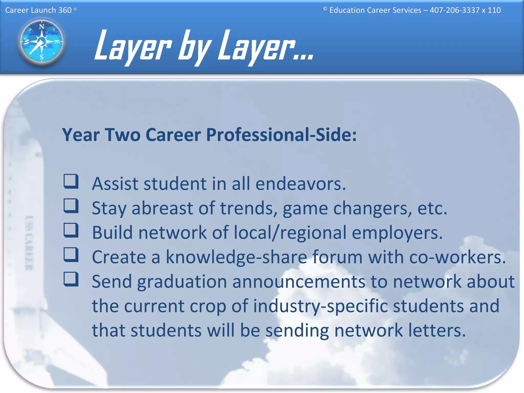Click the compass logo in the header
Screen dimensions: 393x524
click(41, 41)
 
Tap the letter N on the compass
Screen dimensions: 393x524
click(41, 27)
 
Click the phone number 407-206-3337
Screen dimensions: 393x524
click(454, 10)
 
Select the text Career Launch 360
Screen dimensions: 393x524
click(38, 10)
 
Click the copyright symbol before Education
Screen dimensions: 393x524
click(325, 9)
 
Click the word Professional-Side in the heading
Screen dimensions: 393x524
click(281, 135)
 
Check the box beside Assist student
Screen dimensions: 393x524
click(71, 181)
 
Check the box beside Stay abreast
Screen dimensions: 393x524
click(71, 206)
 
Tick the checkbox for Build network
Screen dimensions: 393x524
click(71, 230)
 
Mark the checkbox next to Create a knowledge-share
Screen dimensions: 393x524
click(71, 254)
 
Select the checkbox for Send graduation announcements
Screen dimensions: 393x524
click(71, 279)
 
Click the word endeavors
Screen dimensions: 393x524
click(300, 184)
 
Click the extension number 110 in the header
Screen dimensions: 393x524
click(494, 10)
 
